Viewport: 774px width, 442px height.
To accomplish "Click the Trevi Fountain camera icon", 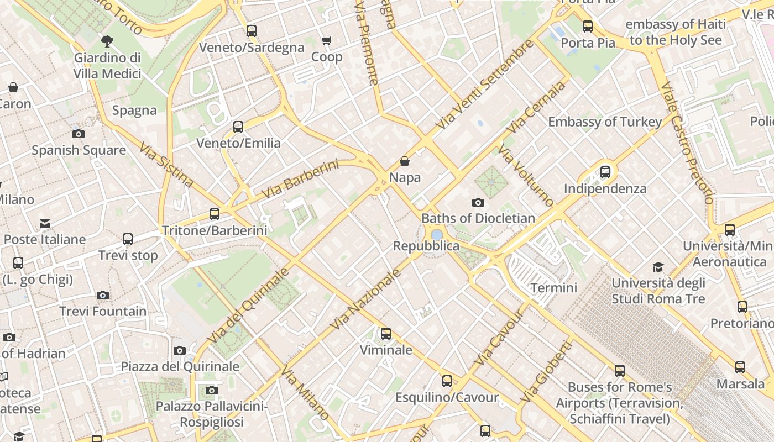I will [103, 296].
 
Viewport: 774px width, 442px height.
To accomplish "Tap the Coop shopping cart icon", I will [327, 40].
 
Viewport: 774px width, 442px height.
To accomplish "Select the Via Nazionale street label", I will [365, 300].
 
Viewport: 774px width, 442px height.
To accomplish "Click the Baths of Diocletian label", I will [478, 218].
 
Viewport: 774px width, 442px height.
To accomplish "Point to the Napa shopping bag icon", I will [405, 161].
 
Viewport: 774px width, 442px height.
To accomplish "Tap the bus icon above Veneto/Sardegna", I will [252, 31].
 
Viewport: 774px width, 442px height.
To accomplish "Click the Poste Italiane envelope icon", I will [45, 224].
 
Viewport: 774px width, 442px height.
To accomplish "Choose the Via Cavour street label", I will [498, 338].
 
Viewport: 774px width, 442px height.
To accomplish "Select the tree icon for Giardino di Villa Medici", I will [107, 41].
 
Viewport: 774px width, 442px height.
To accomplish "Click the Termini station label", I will [553, 288].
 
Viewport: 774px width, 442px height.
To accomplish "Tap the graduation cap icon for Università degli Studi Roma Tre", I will [658, 267].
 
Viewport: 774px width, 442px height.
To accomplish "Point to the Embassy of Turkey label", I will [605, 122].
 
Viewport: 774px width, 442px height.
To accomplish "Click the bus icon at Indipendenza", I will [605, 172].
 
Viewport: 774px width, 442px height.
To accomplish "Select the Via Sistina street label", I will [166, 165].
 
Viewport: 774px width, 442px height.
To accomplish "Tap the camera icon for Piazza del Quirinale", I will [180, 350].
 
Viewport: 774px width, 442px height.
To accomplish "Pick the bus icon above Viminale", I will [386, 334].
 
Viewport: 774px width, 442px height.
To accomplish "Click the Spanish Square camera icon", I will [79, 134].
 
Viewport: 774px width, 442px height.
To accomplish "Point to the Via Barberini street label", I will [300, 180].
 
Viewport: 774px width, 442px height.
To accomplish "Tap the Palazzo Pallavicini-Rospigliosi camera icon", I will [211, 391].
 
